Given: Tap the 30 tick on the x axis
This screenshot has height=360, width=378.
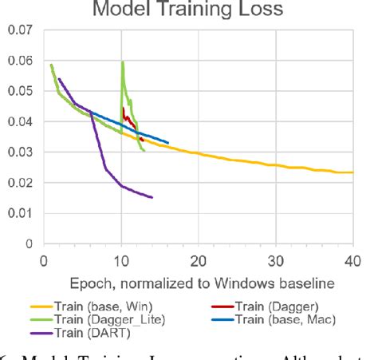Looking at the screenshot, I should (275, 259).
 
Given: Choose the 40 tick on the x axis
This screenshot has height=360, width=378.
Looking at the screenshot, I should (352, 259).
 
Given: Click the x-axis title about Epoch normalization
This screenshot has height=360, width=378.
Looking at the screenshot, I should (197, 283).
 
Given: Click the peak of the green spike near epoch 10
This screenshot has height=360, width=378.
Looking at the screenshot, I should (123, 62).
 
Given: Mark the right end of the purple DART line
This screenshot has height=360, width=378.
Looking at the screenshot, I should (152, 197).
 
